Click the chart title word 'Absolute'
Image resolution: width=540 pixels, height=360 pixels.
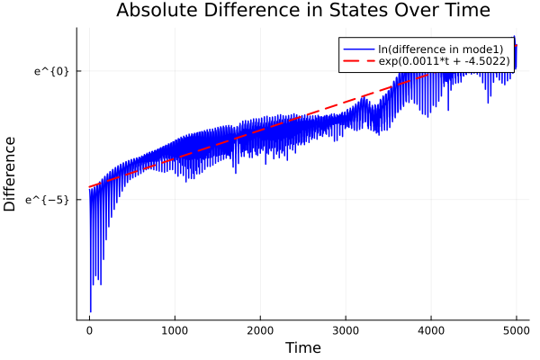click(154, 11)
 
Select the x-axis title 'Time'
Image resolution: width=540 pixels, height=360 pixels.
click(302, 347)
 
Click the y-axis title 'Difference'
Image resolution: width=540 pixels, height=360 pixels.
click(11, 174)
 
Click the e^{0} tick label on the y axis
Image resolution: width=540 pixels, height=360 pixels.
click(51, 70)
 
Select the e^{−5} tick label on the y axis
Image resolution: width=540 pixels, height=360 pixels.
click(49, 199)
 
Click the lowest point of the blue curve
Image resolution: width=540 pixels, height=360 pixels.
click(91, 311)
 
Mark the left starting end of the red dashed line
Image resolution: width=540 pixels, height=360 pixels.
click(89, 187)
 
